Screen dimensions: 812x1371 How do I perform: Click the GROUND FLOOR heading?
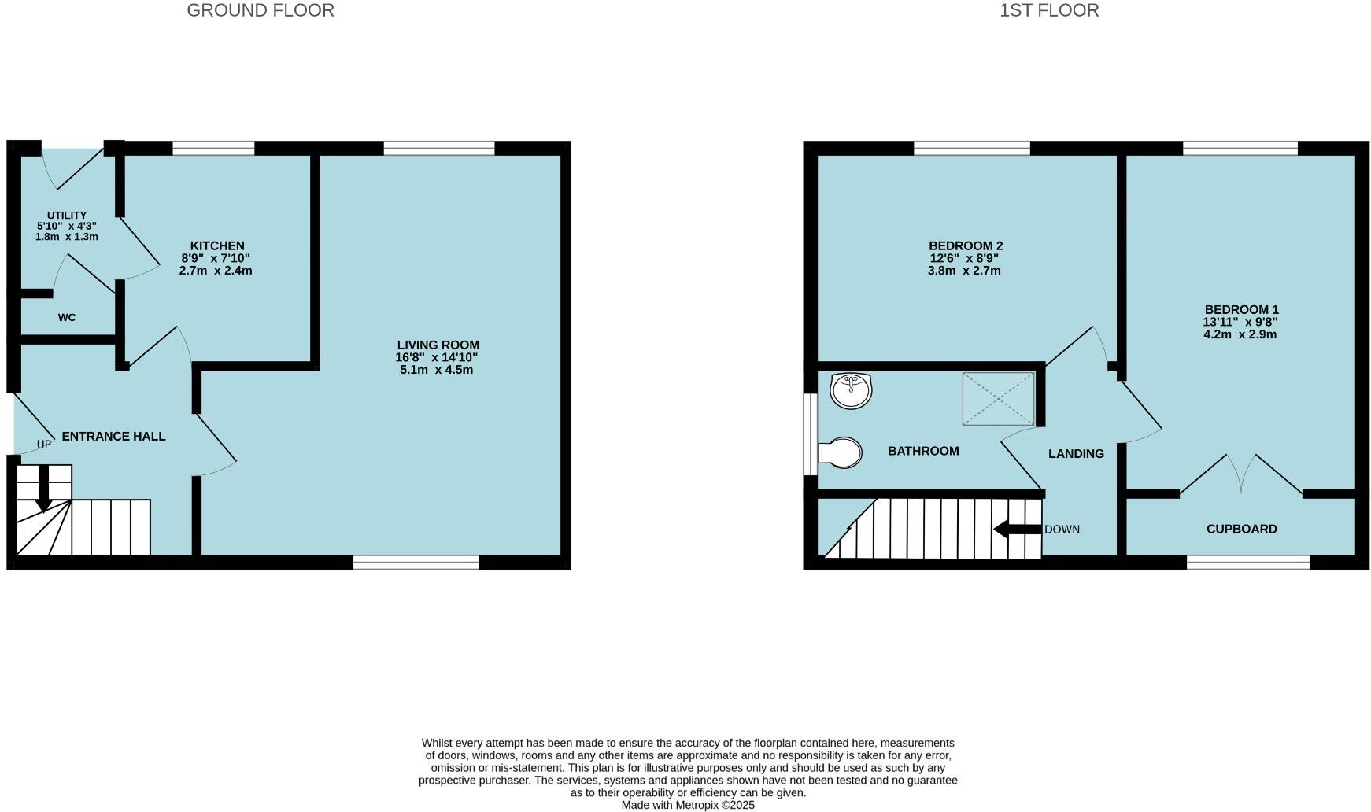(261, 10)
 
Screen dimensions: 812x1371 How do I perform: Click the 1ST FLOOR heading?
(1049, 10)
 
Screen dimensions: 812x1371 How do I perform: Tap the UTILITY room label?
(67, 216)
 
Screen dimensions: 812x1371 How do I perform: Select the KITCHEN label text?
(217, 246)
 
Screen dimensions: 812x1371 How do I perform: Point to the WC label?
(67, 318)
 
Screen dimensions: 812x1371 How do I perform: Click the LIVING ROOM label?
(438, 345)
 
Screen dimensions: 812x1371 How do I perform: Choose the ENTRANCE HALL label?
(113, 437)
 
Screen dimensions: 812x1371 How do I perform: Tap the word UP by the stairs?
(44, 445)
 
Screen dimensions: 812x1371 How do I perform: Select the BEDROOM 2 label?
(965, 246)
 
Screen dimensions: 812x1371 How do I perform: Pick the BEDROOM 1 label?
(1240, 310)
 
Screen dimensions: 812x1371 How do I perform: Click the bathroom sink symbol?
(851, 390)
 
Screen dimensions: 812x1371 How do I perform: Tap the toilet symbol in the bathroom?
(840, 453)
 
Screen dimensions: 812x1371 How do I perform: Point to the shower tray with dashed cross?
(999, 399)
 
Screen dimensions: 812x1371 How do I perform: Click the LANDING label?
(1076, 454)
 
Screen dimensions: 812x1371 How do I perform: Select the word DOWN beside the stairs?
(1062, 530)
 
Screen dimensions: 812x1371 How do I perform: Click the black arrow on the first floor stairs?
(1018, 530)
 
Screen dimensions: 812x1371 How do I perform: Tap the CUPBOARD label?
(1241, 530)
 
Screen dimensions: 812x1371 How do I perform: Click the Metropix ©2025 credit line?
(688, 805)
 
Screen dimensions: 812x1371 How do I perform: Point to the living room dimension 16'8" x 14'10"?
(436, 357)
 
